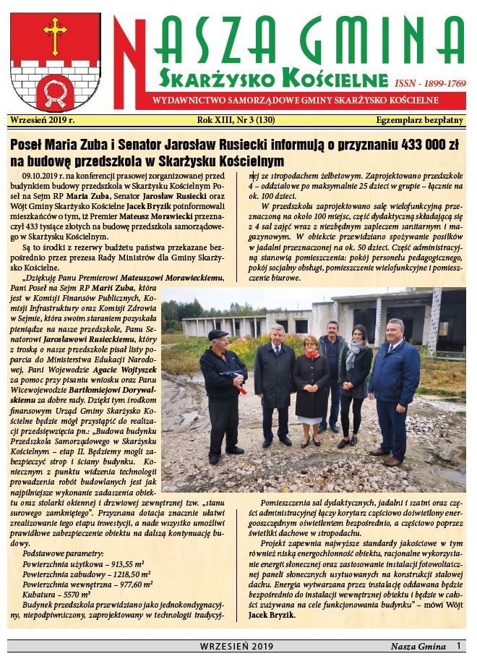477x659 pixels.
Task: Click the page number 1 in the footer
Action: click(x=457, y=645)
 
